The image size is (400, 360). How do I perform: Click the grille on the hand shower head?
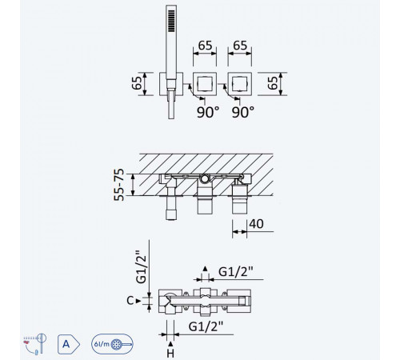171,21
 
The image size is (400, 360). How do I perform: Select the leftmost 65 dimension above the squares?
205,46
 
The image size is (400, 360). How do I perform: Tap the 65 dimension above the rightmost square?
240,46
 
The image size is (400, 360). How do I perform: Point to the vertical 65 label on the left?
137,83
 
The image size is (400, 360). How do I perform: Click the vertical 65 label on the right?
273,83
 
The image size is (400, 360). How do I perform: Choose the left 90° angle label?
208,112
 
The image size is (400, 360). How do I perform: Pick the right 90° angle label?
243,112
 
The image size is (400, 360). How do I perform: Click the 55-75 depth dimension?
119,185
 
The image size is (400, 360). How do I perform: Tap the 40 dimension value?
256,224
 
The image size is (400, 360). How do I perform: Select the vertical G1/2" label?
141,266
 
